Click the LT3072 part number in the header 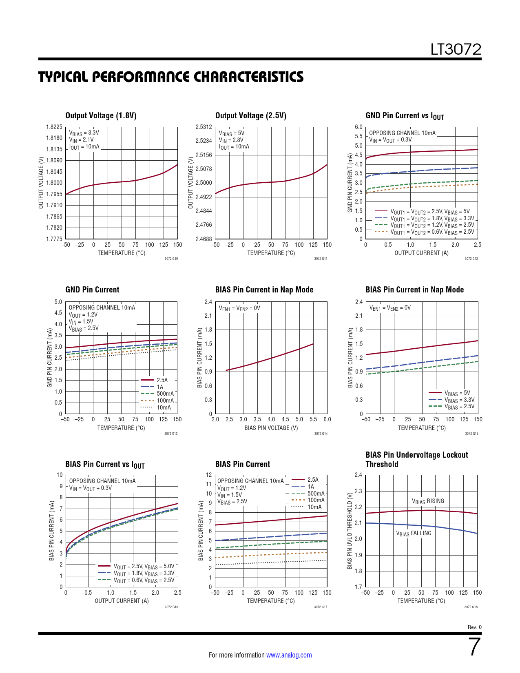pyautogui.click(x=456, y=49)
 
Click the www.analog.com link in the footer pyautogui.click(x=289, y=655)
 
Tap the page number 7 pyautogui.click(x=475, y=647)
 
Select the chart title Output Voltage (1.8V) pyautogui.click(x=101, y=115)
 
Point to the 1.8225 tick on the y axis pyautogui.click(x=54, y=127)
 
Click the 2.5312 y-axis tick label pyautogui.click(x=204, y=127)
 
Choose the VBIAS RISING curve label pyautogui.click(x=428, y=501)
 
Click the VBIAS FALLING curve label pyautogui.click(x=414, y=534)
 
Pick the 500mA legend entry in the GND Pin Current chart pyautogui.click(x=165, y=394)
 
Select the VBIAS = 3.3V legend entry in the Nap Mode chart pyautogui.click(x=459, y=400)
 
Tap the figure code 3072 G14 pyautogui.click(x=321, y=434)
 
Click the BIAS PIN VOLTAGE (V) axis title pyautogui.click(x=271, y=428)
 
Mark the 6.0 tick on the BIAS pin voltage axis pyautogui.click(x=327, y=419)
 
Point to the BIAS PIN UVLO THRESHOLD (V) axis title pyautogui.click(x=350, y=531)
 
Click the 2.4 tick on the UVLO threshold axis pyautogui.click(x=358, y=475)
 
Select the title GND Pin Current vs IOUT pyautogui.click(x=405, y=116)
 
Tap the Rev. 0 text pyautogui.click(x=474, y=627)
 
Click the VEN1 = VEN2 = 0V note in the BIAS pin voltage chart pyautogui.click(x=239, y=308)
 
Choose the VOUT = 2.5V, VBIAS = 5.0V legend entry pyautogui.click(x=144, y=567)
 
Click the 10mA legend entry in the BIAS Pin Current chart pyautogui.click(x=314, y=507)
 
